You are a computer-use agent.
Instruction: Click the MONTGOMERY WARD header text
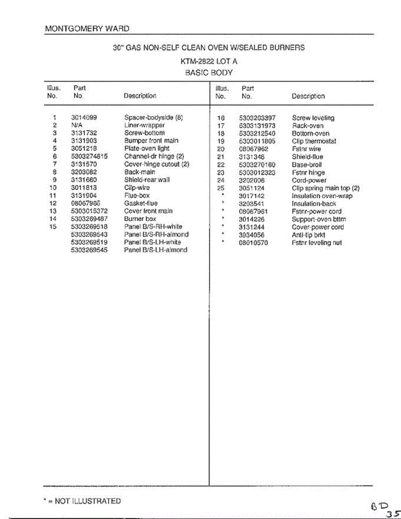[87, 29]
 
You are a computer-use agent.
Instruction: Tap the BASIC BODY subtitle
[209, 73]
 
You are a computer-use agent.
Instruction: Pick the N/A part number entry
[77, 125]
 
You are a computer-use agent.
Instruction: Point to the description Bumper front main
[151, 141]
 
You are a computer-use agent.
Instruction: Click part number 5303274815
[89, 156]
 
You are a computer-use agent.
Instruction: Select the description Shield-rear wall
[147, 179]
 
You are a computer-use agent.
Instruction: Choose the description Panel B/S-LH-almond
[155, 250]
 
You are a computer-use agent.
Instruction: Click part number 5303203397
[257, 118]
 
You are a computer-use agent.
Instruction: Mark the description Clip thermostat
[314, 141]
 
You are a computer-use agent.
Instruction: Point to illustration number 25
[221, 188]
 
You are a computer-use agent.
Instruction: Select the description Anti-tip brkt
[308, 235]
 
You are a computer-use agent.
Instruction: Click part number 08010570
[253, 243]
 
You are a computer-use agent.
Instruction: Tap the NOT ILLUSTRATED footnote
[82, 501]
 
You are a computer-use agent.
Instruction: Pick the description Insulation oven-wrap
[322, 196]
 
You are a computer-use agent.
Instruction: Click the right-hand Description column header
[308, 96]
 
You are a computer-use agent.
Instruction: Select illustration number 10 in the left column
[53, 187]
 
